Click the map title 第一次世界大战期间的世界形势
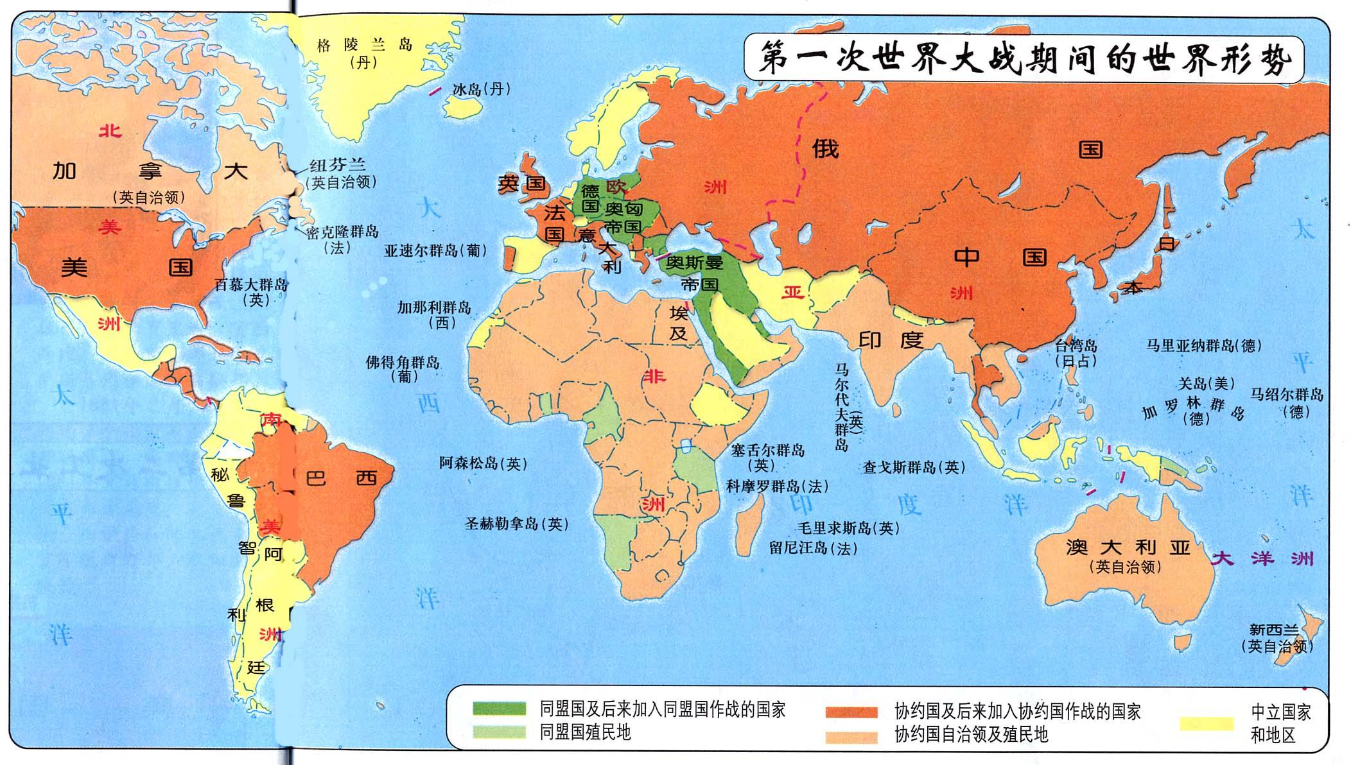click(x=1024, y=60)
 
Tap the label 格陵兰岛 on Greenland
click(x=364, y=45)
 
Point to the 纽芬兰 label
click(x=338, y=166)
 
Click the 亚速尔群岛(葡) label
click(x=435, y=251)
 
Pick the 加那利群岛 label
click(x=434, y=307)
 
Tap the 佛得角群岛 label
click(x=403, y=363)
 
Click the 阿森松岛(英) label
click(x=483, y=463)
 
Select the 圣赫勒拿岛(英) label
click(x=516, y=524)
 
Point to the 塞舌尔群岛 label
click(x=767, y=451)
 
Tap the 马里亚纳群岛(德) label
click(x=1204, y=346)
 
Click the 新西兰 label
click(x=1274, y=630)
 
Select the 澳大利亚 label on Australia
click(x=1128, y=547)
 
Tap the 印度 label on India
click(x=891, y=340)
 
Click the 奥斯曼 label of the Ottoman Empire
click(x=694, y=262)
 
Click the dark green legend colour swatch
click(x=499, y=709)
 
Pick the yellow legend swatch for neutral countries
click(x=1207, y=724)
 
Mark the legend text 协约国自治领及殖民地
click(x=971, y=734)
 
